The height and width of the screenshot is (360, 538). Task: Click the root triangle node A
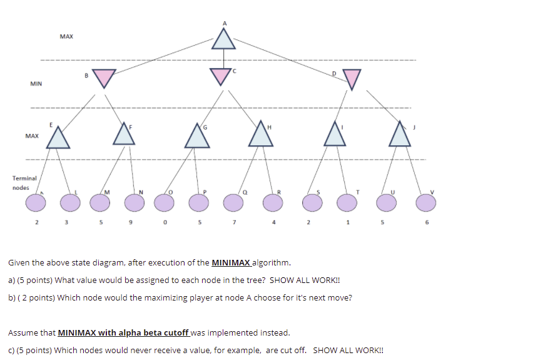223,39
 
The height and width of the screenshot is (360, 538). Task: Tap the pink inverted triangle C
220,76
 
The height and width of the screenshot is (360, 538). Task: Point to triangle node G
197,137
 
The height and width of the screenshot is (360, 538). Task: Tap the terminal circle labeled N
134,202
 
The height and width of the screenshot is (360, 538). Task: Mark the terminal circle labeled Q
233,202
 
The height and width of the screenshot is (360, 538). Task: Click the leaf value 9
131,222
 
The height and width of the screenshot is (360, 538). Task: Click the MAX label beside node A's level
66,37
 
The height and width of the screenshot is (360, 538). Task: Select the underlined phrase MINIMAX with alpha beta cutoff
123,332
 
